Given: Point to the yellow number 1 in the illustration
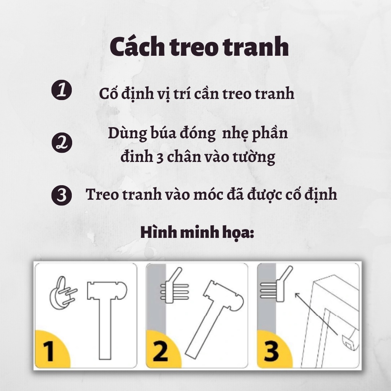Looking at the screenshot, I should pyautogui.click(x=48, y=352).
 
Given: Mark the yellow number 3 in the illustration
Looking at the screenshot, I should pyautogui.click(x=271, y=352).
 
